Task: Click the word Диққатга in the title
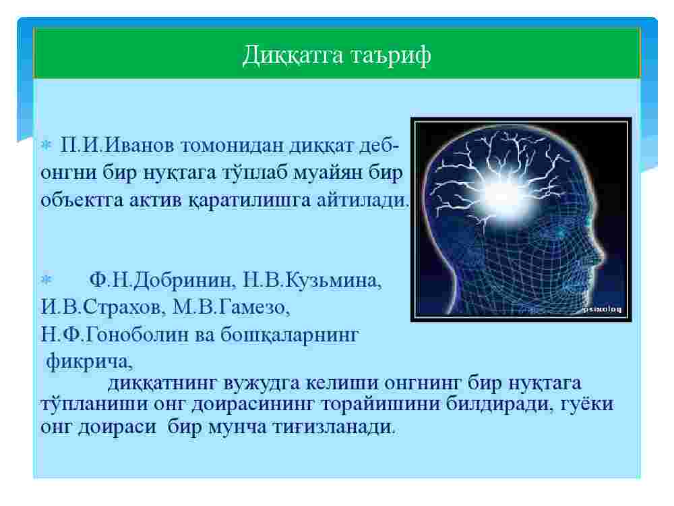[293, 55]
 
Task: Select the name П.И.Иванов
[117, 145]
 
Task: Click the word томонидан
[232, 146]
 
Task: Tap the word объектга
[82, 200]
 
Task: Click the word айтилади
[364, 200]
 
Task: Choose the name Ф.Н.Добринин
[162, 281]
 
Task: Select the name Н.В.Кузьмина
[312, 281]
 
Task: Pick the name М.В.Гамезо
[231, 308]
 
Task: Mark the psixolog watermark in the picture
[602, 310]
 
